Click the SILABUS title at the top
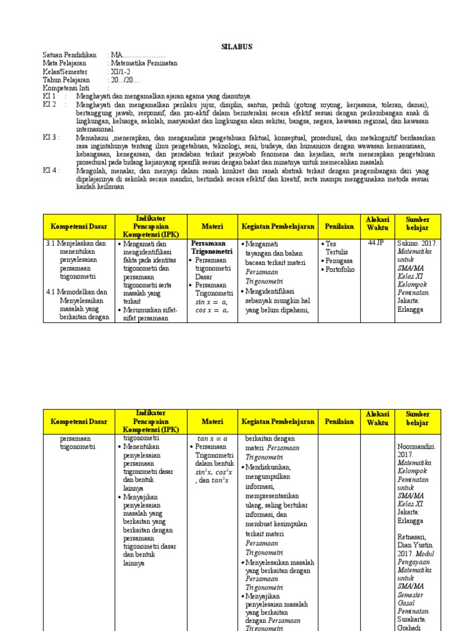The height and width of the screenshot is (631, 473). click(x=236, y=47)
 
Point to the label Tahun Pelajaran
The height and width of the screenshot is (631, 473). click(x=66, y=80)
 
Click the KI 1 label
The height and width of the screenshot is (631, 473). click(x=49, y=97)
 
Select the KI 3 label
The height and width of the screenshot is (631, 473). click(x=51, y=137)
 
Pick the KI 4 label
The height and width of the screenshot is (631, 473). click(x=51, y=171)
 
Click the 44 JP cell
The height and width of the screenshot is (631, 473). click(x=375, y=243)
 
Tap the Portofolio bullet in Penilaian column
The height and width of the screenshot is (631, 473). click(x=340, y=269)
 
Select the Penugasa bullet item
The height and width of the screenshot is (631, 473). click(x=339, y=261)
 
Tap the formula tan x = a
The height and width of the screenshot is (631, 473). click(x=211, y=438)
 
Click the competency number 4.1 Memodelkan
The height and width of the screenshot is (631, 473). click(x=76, y=292)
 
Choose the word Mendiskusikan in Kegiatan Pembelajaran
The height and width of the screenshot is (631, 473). click(x=272, y=467)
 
